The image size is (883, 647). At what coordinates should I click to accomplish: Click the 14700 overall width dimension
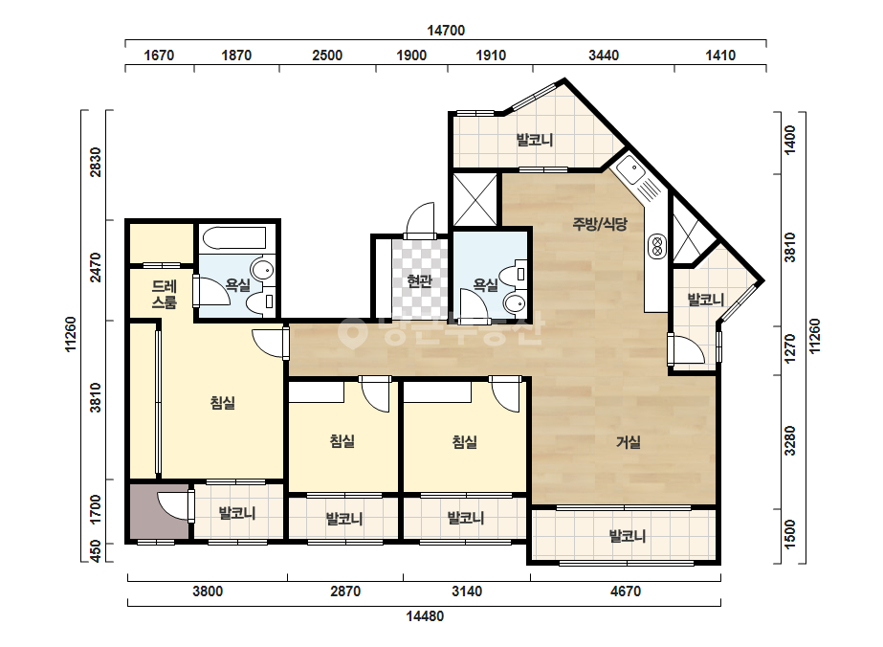(x=446, y=31)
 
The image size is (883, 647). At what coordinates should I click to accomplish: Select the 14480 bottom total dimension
(x=425, y=616)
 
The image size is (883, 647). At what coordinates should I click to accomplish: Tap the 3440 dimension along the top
(x=604, y=56)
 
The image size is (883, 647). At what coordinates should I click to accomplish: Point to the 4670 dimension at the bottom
(x=626, y=591)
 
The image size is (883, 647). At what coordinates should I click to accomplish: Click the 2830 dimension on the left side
(x=96, y=163)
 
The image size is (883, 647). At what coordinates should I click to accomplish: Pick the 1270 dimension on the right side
(x=790, y=349)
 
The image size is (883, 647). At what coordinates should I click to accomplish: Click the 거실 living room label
(x=628, y=442)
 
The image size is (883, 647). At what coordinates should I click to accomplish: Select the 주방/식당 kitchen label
(x=600, y=224)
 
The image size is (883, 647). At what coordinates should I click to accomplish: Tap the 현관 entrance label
(x=420, y=280)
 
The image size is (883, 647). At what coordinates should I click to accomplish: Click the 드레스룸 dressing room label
(x=165, y=294)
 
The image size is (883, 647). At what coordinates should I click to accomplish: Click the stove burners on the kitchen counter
(x=656, y=246)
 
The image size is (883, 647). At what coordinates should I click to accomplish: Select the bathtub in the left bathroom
(x=233, y=237)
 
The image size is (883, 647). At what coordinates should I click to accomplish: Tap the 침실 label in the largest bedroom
(x=223, y=402)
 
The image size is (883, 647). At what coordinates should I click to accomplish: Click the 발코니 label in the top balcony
(x=535, y=139)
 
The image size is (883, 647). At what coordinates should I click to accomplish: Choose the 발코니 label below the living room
(x=628, y=536)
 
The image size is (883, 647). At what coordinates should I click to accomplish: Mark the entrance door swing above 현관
(x=421, y=220)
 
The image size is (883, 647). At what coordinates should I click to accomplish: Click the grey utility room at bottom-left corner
(x=159, y=511)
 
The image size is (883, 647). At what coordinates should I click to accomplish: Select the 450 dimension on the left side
(x=96, y=551)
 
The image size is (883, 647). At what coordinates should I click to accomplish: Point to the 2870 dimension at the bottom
(x=345, y=591)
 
